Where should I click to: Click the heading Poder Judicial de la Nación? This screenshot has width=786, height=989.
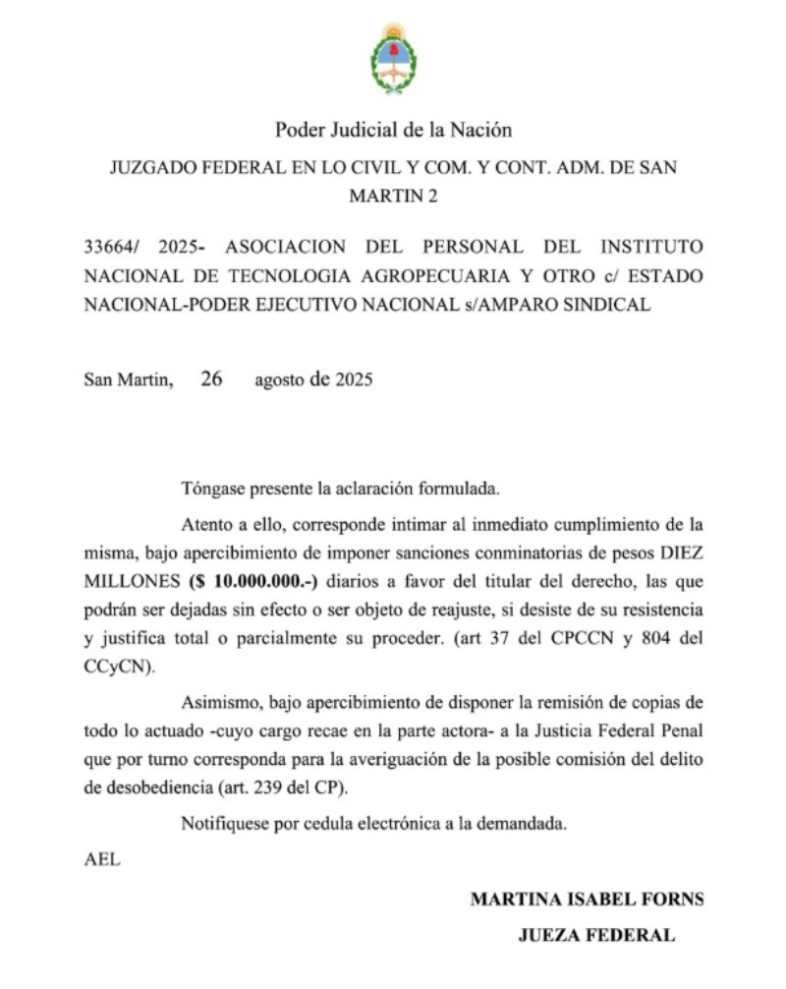click(393, 129)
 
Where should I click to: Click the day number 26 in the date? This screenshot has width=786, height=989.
click(210, 378)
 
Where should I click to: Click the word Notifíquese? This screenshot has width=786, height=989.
click(228, 824)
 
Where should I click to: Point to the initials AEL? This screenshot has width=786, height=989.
click(102, 858)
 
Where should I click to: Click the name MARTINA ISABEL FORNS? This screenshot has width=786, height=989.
click(587, 900)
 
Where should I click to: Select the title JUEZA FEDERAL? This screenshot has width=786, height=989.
click(596, 936)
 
